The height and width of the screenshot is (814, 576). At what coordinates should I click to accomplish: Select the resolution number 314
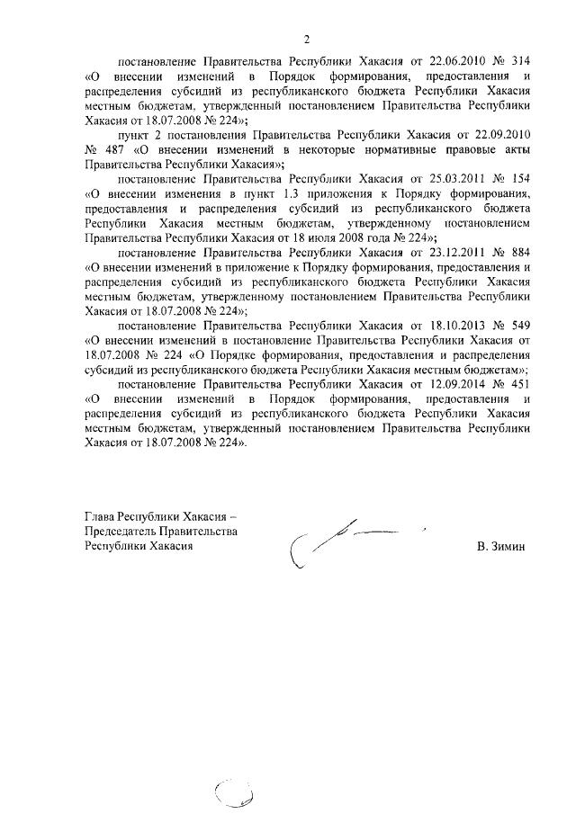pos(519,63)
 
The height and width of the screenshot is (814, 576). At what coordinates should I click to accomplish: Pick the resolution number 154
pos(519,179)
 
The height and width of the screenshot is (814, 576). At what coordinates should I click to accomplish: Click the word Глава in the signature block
pos(100,517)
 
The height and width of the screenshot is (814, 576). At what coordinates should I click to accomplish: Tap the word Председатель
pos(120,532)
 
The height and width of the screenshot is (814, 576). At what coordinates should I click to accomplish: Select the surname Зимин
pos(508,546)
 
